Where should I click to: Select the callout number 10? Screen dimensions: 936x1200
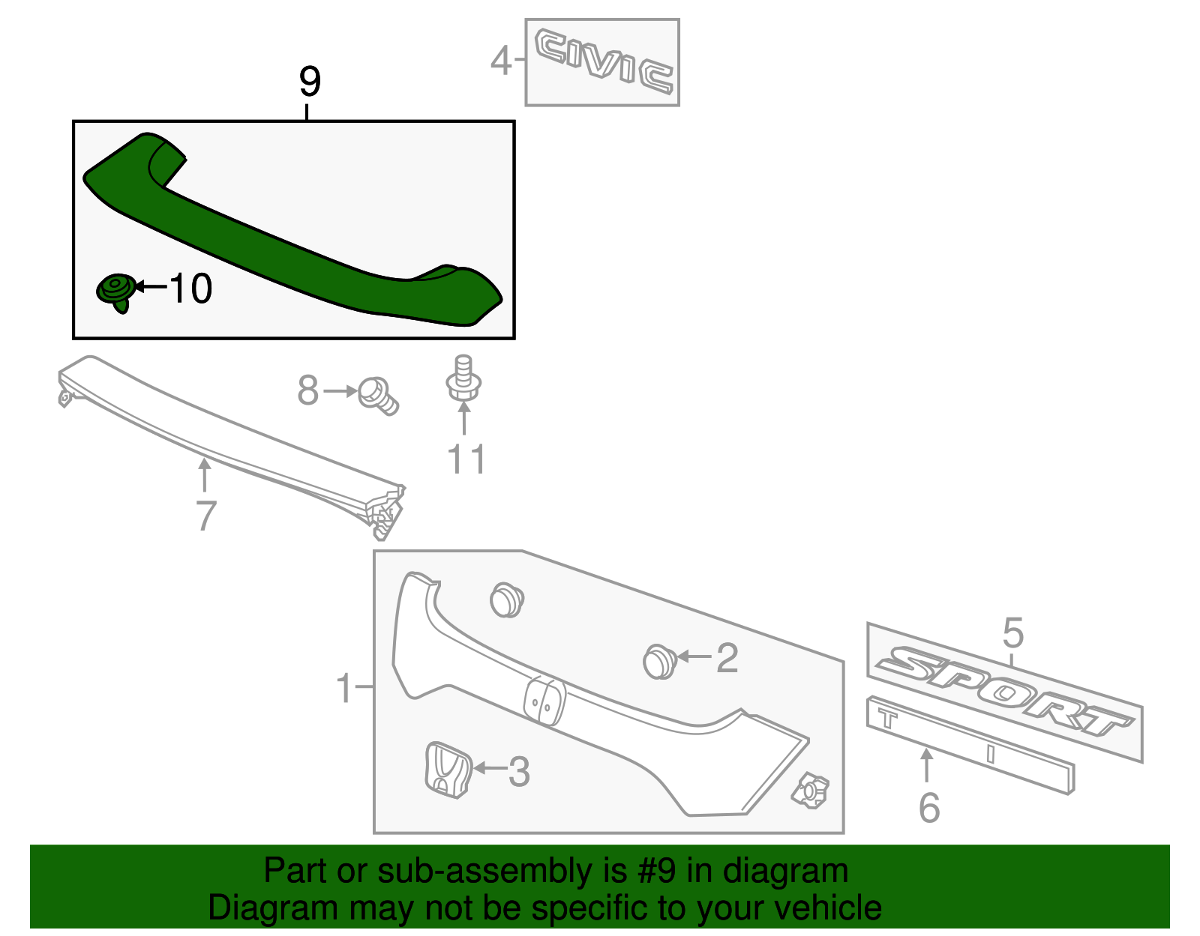tap(190, 289)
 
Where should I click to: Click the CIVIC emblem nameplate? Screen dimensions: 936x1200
tap(603, 62)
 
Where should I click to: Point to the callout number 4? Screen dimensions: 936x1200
tap(500, 61)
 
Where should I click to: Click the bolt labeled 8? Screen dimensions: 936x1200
tap(377, 395)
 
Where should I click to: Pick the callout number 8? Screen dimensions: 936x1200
tap(307, 391)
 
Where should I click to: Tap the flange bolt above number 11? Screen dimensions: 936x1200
tap(463, 379)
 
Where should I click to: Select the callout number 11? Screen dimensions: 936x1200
tap(466, 459)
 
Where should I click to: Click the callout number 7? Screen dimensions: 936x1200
tap(205, 516)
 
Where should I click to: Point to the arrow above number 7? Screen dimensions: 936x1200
tap(204, 475)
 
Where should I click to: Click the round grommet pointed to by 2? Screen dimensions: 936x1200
tap(659, 660)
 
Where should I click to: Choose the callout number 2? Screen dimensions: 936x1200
tap(727, 658)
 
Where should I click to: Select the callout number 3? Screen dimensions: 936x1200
tap(519, 772)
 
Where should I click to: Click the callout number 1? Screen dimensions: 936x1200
tap(344, 688)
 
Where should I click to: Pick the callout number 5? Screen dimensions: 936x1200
tap(1012, 633)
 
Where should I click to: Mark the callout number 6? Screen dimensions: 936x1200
tap(928, 808)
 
